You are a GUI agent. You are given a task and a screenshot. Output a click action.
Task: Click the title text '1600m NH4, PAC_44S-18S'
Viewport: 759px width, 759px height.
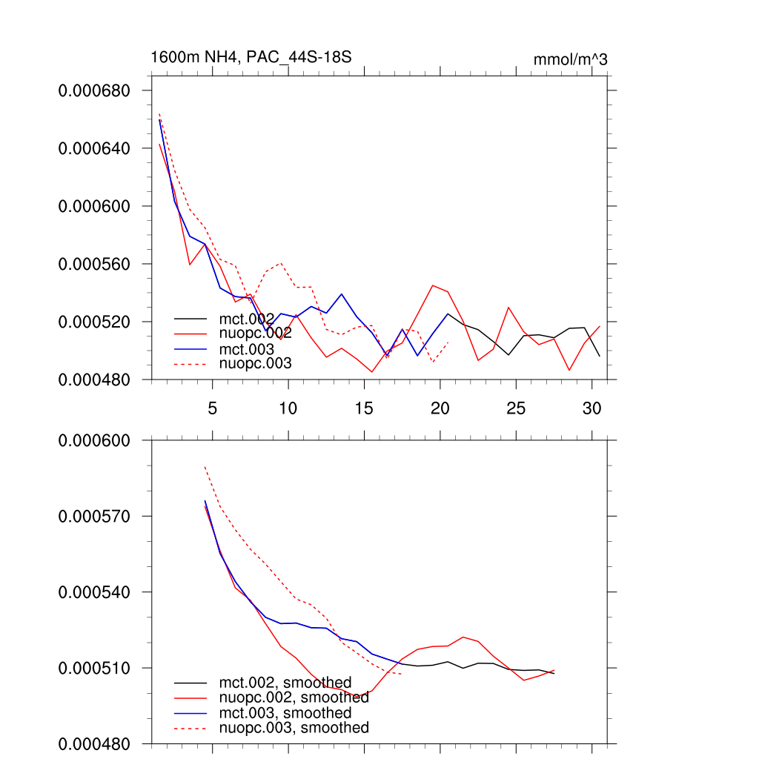click(251, 57)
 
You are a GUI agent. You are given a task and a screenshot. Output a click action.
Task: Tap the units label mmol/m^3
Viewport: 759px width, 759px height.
click(570, 59)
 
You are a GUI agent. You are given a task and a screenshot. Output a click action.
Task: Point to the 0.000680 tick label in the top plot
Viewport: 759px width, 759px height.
click(94, 90)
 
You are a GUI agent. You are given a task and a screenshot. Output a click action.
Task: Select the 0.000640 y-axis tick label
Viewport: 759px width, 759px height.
click(94, 148)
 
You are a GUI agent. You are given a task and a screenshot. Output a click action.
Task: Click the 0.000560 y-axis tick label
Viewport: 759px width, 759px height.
click(94, 264)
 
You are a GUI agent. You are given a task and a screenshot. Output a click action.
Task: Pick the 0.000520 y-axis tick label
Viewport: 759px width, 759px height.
click(94, 322)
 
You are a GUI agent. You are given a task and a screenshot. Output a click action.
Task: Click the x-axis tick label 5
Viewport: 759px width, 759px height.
click(213, 408)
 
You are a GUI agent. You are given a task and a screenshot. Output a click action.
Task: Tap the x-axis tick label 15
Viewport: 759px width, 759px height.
click(364, 408)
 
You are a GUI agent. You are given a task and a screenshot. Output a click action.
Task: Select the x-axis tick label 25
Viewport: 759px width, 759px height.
click(516, 408)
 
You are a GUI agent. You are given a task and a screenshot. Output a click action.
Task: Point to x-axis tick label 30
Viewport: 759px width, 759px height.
click(591, 408)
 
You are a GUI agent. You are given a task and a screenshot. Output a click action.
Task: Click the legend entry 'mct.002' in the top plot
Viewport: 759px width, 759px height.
click(246, 319)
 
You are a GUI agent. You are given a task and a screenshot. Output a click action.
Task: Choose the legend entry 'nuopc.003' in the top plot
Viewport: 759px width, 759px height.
click(255, 363)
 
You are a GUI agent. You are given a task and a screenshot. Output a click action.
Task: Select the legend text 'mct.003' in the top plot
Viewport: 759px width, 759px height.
click(246, 348)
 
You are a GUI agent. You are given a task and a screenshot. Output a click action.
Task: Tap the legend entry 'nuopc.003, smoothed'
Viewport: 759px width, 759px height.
click(294, 728)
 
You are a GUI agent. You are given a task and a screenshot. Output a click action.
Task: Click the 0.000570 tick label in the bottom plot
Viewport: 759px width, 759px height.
click(94, 516)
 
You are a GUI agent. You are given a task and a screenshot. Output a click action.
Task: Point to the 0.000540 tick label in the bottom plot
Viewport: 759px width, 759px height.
click(94, 592)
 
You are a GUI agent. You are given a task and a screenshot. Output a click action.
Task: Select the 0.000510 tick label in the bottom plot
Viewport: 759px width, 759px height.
click(94, 668)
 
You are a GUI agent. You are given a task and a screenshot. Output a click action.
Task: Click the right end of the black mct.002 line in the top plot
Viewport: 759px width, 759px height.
click(599, 357)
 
